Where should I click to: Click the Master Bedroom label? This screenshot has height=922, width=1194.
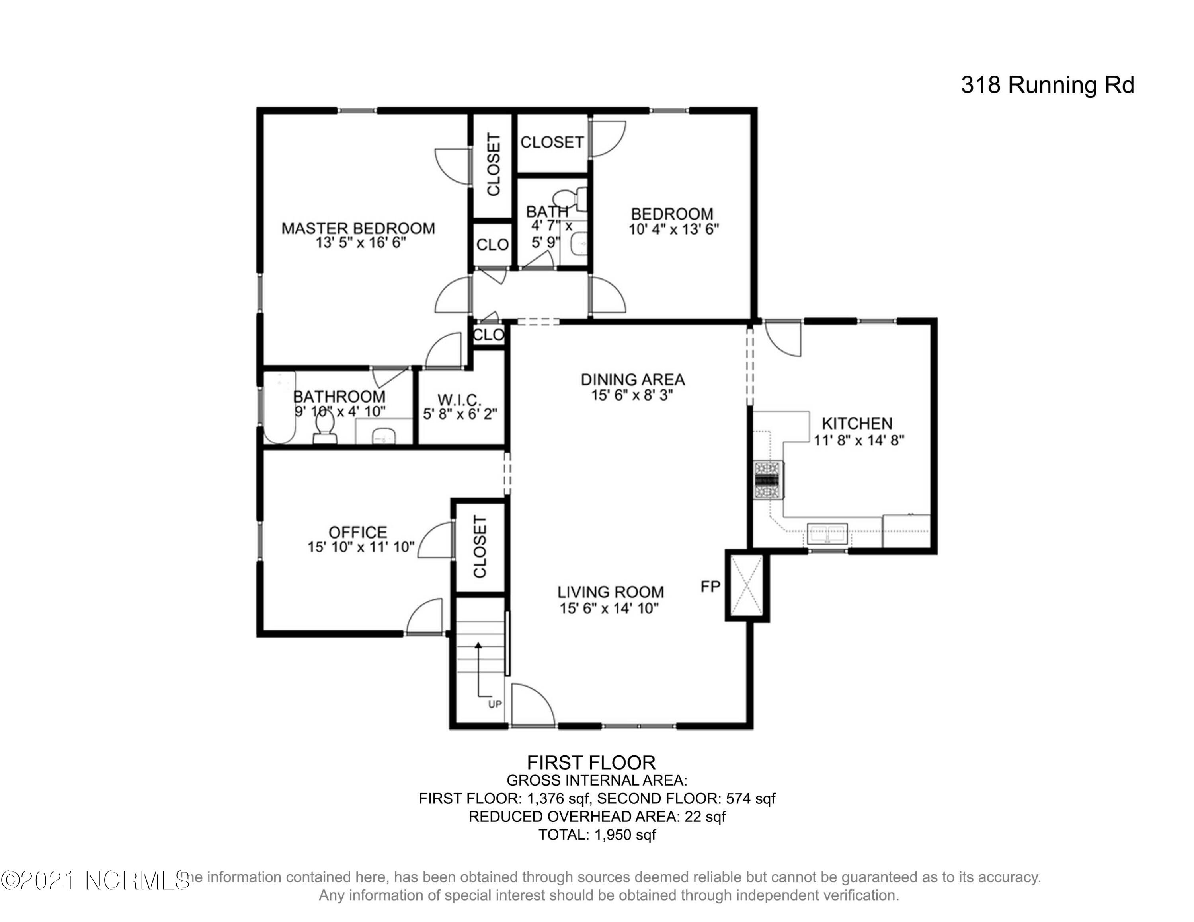coord(358,228)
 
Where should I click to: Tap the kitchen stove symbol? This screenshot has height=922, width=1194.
coord(769,480)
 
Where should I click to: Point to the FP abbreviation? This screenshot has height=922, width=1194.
coord(711,587)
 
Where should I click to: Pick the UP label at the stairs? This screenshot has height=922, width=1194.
coord(495,704)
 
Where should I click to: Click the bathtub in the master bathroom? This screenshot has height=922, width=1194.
coord(280,407)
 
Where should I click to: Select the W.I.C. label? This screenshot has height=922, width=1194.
coord(459,401)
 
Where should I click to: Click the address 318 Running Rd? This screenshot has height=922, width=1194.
coord(1048,85)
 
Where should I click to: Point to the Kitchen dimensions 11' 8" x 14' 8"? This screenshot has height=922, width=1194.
coord(859,440)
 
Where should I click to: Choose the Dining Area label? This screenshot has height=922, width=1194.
coord(632,379)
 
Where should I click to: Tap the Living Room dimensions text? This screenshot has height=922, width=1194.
coord(609,609)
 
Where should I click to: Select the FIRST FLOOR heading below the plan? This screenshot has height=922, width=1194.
coord(591,762)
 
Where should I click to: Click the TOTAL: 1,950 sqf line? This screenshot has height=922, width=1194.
coord(597,834)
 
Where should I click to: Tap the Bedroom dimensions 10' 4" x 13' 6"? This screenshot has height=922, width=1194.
coord(673,230)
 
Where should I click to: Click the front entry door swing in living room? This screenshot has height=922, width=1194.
coord(533,704)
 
